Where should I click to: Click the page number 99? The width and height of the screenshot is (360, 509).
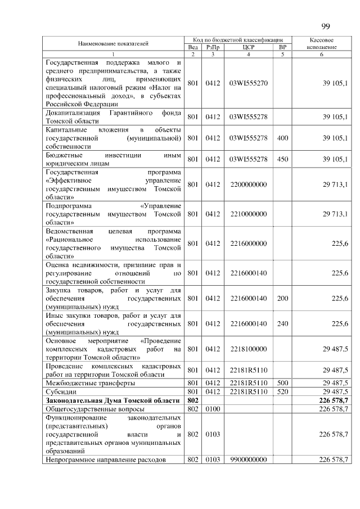tap(326, 26)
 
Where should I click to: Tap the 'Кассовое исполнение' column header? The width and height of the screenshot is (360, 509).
tap(322, 44)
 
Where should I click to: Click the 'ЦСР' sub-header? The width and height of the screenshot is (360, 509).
tap(248, 47)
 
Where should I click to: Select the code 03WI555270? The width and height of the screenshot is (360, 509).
tap(248, 83)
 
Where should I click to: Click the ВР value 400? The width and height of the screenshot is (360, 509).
tap(282, 137)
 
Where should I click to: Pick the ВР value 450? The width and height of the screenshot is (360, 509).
tap(282, 159)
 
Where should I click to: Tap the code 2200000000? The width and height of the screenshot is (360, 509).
tap(248, 184)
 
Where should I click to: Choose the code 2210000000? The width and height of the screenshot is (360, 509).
tap(248, 214)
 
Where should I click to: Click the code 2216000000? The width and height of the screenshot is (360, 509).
tap(248, 243)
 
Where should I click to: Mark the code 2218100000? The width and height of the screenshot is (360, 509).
tap(248, 349)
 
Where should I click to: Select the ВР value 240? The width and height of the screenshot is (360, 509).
tap(282, 323)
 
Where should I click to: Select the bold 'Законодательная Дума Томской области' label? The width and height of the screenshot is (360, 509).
tap(112, 400)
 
